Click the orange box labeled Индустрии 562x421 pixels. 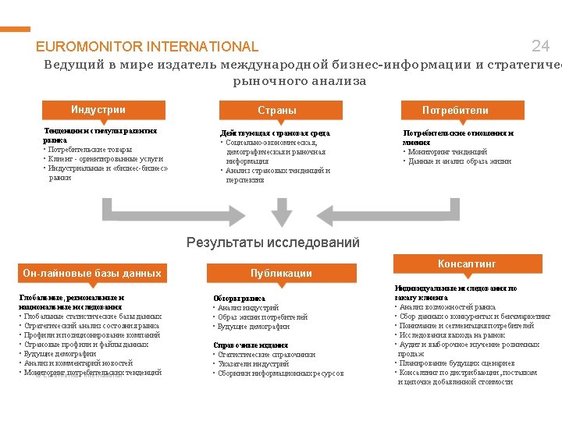click(x=98, y=110)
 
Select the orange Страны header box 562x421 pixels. click(x=277, y=111)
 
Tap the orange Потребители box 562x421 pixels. click(x=455, y=111)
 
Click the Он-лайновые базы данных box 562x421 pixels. click(x=92, y=273)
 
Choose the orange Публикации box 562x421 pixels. click(x=281, y=273)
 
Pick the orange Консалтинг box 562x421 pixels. click(x=467, y=264)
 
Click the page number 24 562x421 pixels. click(x=540, y=46)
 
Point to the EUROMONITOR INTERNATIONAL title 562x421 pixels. click(x=147, y=47)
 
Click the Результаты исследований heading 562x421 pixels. click(x=273, y=242)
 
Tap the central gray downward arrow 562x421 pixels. click(x=281, y=210)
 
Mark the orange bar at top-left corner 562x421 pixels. click(x=15, y=29)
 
